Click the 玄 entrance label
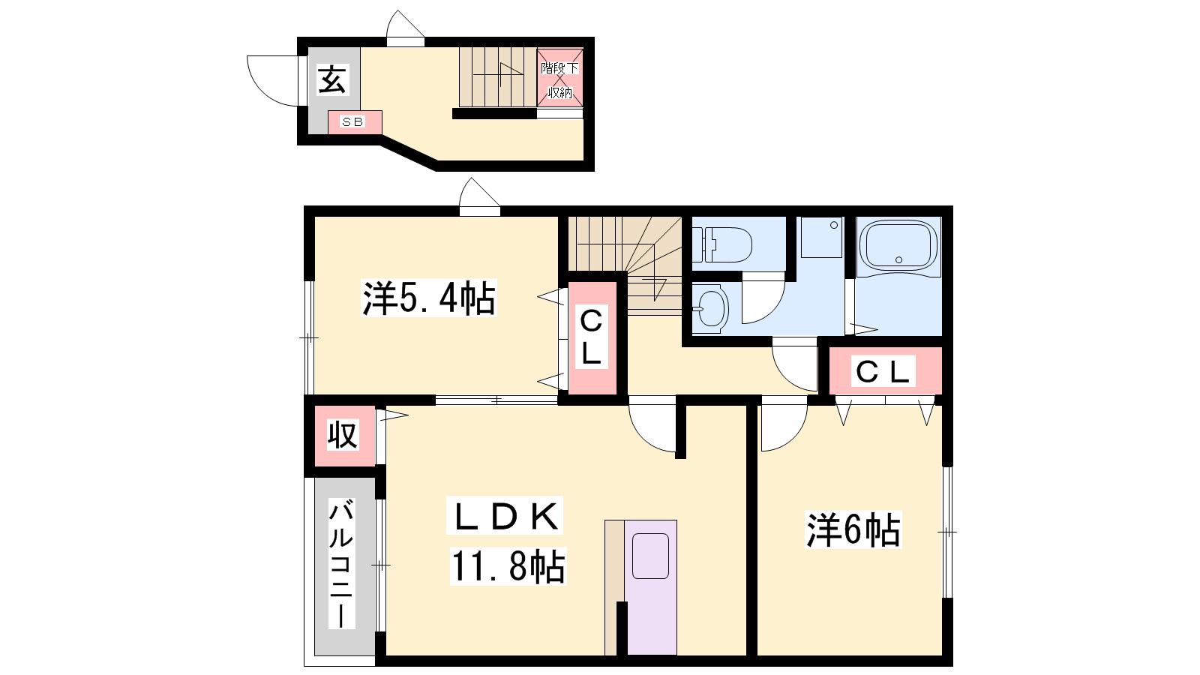point(332,79)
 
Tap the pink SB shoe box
point(355,122)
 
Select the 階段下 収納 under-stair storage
point(559,78)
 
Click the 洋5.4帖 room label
point(429,297)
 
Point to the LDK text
point(505,516)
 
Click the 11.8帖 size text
point(508,566)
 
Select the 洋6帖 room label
point(853,529)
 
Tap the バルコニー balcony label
point(341,563)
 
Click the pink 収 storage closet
point(344,436)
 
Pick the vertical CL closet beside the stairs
point(592,337)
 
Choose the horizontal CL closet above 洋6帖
point(885,370)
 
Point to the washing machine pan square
point(821,237)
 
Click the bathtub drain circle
point(899,259)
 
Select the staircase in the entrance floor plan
point(498,77)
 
